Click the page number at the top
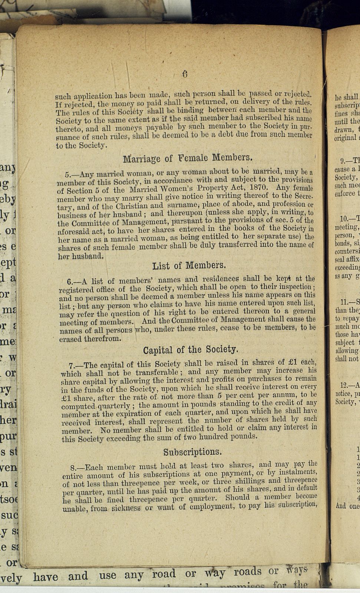coord(185,74)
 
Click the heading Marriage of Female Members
coord(188,158)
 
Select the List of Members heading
coord(188,266)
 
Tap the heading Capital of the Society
coord(191,350)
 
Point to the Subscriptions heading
coord(192,452)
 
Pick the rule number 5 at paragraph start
coord(67,174)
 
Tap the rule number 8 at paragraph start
coord(73,468)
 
